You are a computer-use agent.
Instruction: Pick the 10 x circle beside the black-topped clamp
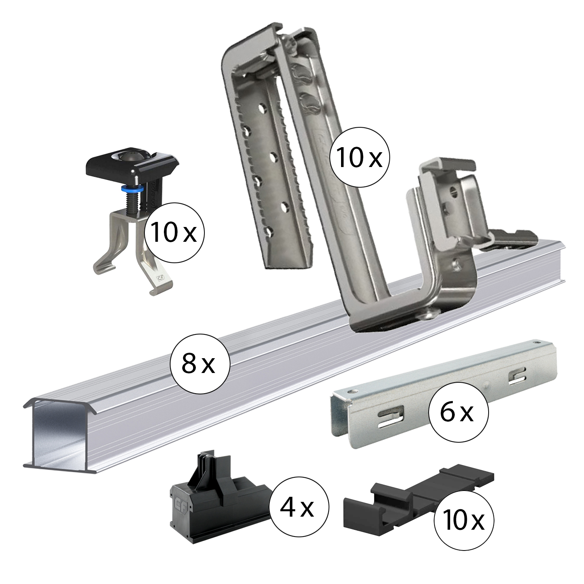[x=174, y=233]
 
